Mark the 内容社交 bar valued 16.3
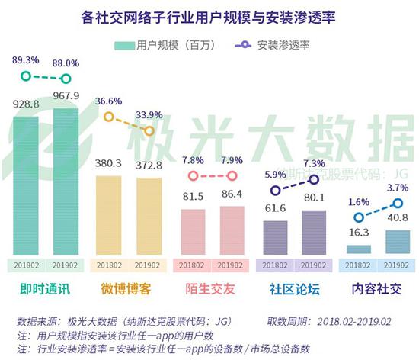point(360,249)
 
